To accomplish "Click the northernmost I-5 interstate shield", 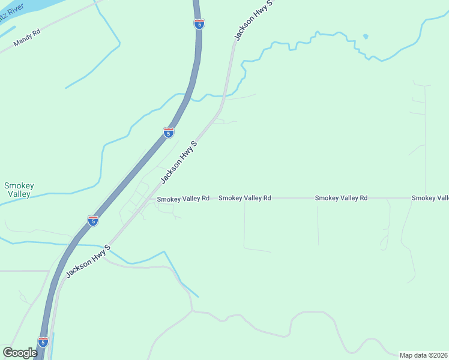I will pyautogui.click(x=199, y=24).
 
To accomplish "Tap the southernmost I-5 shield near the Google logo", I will pyautogui.click(x=43, y=342).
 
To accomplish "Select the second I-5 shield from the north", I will pyautogui.click(x=169, y=132).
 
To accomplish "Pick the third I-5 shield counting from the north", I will pyautogui.click(x=92, y=221).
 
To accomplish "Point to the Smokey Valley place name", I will pyautogui.click(x=19, y=190).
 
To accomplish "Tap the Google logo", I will pyautogui.click(x=20, y=353).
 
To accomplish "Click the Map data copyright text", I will pyautogui.click(x=423, y=355).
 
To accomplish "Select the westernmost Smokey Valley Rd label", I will pyautogui.click(x=183, y=198).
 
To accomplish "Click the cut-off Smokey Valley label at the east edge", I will pyautogui.click(x=430, y=198).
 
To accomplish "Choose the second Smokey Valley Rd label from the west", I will pyautogui.click(x=244, y=198).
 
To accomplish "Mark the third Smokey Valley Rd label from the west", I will pyautogui.click(x=341, y=198).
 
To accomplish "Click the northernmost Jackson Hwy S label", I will pyautogui.click(x=253, y=20).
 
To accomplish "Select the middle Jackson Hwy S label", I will pyautogui.click(x=178, y=162).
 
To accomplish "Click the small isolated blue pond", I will pyautogui.click(x=366, y=37).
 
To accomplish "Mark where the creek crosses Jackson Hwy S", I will pyautogui.click(x=223, y=95).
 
